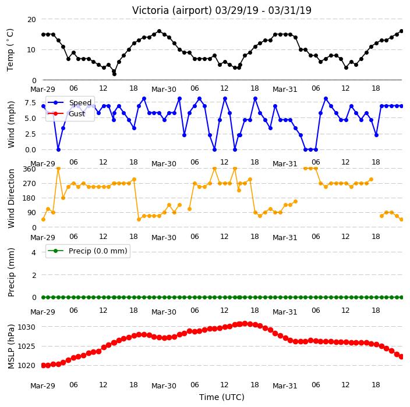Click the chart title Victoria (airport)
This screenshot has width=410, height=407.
(172, 10)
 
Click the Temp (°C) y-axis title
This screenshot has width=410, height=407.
(10, 50)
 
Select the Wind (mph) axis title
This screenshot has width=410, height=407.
(11, 124)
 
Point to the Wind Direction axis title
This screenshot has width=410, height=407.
(11, 198)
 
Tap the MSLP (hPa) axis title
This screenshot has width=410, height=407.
(11, 347)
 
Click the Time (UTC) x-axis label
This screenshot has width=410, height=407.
(222, 397)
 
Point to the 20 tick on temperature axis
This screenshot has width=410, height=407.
(31, 19)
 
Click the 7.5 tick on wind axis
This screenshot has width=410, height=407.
(30, 102)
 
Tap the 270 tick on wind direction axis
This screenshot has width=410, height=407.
(29, 183)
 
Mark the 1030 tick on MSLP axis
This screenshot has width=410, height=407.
(26, 327)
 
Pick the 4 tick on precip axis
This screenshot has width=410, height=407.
(34, 252)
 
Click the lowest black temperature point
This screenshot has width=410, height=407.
(114, 74)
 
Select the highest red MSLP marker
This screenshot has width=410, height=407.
(245, 324)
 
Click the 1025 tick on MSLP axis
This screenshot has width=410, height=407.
(26, 346)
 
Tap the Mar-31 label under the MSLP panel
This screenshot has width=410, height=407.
(285, 385)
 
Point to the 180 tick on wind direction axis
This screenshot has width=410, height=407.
(29, 198)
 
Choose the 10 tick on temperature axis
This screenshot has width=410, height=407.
(31, 49)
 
